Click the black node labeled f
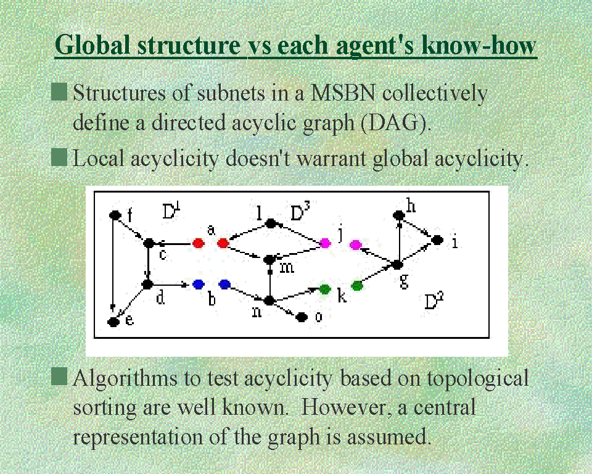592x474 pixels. (115, 215)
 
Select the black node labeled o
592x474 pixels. (301, 317)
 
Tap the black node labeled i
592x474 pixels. (437, 239)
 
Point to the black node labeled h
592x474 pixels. (399, 215)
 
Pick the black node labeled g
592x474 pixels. (397, 265)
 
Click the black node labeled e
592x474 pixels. (113, 322)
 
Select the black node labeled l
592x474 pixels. (270, 223)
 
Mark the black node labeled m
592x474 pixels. (269, 260)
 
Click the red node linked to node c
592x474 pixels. (198, 243)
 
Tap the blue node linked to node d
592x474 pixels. (198, 284)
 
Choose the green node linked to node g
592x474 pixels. (357, 286)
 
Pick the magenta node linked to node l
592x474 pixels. (325, 243)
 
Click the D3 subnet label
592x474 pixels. (300, 212)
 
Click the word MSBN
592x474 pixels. (342, 93)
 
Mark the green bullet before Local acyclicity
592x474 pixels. (59, 157)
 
